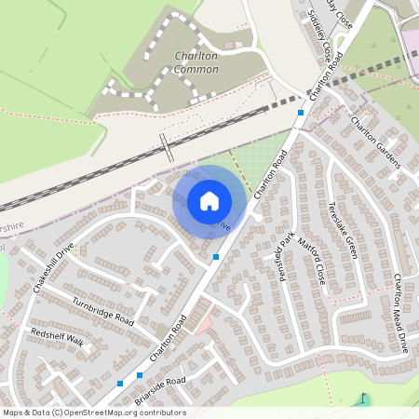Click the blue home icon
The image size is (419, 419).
[209, 201]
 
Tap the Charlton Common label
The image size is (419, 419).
[196, 62]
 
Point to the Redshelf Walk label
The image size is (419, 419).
[57, 337]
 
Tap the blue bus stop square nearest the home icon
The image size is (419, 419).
[216, 256]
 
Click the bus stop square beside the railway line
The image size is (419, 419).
[301, 113]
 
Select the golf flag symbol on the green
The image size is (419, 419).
[361, 400]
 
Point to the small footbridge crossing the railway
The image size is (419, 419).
[166, 147]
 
